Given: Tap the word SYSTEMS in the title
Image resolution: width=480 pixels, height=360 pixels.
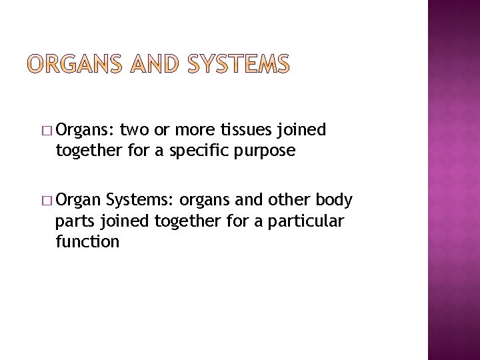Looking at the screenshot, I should [x=239, y=64].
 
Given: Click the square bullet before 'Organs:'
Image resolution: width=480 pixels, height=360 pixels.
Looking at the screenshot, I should [x=47, y=130].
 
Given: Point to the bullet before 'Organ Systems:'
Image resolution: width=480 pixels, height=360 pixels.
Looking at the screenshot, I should [x=47, y=200].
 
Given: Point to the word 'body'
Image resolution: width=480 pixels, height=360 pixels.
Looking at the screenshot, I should [x=334, y=200].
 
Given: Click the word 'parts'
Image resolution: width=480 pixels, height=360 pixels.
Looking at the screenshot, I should [x=74, y=221].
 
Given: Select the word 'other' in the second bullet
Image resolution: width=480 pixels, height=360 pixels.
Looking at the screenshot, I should [x=289, y=200].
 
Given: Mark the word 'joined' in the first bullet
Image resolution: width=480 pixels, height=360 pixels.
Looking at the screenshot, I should [x=305, y=129].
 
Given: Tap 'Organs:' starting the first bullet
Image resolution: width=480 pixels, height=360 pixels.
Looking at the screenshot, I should [x=86, y=130].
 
